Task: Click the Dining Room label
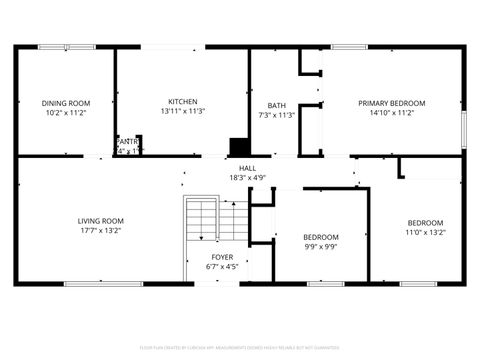coord(65,103)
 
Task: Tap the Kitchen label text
coord(182,102)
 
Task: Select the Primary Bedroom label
coord(392,103)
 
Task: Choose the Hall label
coord(246,168)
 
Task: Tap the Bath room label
coord(276,106)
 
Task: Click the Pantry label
coord(127,142)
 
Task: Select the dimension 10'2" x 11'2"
coord(65,113)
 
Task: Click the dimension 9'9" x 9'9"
coord(321,247)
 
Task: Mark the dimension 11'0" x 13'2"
coord(425,232)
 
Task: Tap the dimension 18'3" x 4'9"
coord(246,178)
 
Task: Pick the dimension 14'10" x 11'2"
coord(392,113)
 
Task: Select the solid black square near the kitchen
coord(238,146)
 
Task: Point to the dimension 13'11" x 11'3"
coord(182,112)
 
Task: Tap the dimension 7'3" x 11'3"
coord(276,116)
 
